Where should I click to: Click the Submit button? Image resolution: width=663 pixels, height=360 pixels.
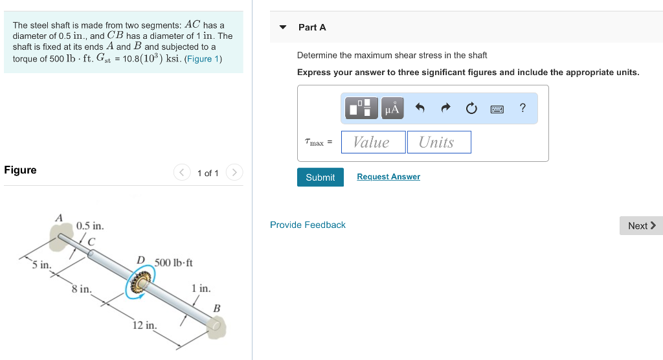point(320,177)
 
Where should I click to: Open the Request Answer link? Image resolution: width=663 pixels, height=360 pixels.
point(388,177)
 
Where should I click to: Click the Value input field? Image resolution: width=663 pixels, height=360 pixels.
point(371,142)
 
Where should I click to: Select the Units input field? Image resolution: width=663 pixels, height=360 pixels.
point(438,142)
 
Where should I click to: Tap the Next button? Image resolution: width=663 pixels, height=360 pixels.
point(641,225)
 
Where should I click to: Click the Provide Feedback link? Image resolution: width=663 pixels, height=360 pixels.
point(308,225)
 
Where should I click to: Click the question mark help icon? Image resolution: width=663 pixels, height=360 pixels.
point(523,108)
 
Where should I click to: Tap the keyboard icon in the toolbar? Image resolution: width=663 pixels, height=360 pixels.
point(497,109)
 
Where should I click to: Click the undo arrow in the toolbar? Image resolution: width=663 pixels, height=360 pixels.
point(420,109)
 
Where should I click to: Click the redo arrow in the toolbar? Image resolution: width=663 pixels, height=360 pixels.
point(445,109)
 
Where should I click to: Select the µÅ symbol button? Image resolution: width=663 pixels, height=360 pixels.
point(392,109)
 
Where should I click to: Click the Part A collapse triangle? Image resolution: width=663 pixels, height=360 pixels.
point(282,27)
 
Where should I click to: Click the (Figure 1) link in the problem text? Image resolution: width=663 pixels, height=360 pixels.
point(203,59)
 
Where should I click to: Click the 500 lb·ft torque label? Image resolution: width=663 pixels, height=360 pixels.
point(173,262)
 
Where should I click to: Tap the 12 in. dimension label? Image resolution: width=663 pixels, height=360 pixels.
point(144,325)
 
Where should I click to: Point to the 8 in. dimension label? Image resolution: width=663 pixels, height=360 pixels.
point(82,289)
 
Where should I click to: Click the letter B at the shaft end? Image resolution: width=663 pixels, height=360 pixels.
point(217,308)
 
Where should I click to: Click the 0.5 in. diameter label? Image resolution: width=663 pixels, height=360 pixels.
point(89,226)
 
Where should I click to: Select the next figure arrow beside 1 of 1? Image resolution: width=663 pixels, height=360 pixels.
point(234,172)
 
